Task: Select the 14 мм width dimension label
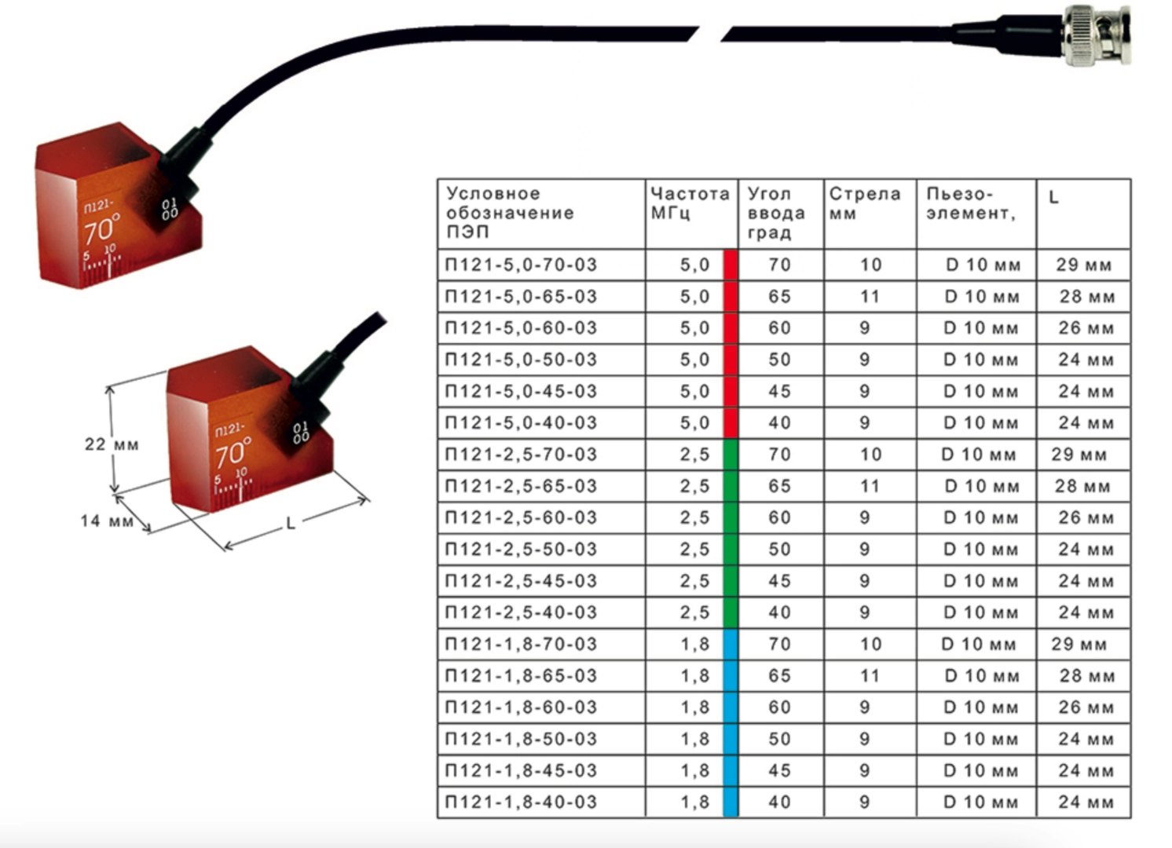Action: (x=107, y=521)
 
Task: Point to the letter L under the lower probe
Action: (x=291, y=523)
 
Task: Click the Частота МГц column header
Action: (x=690, y=203)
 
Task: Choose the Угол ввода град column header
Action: (x=776, y=213)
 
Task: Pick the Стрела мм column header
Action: (x=864, y=203)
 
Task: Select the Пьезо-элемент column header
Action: (x=971, y=203)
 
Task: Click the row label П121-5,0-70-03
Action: (x=521, y=265)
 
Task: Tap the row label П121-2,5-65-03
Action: (x=521, y=486)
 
